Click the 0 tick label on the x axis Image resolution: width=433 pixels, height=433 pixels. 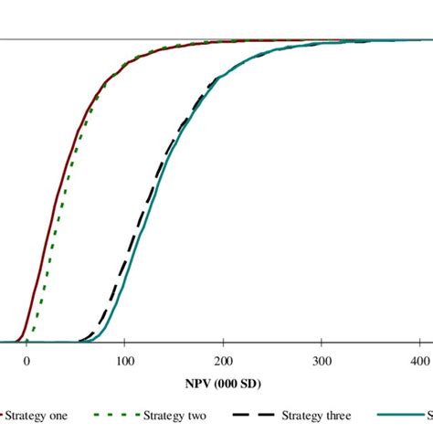tap(26, 361)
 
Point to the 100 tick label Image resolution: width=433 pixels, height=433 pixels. tap(125, 361)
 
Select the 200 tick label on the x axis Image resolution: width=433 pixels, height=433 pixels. tap(224, 361)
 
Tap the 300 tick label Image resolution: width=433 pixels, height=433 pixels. tap(322, 361)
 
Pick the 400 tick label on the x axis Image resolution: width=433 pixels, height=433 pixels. tap(418, 361)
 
